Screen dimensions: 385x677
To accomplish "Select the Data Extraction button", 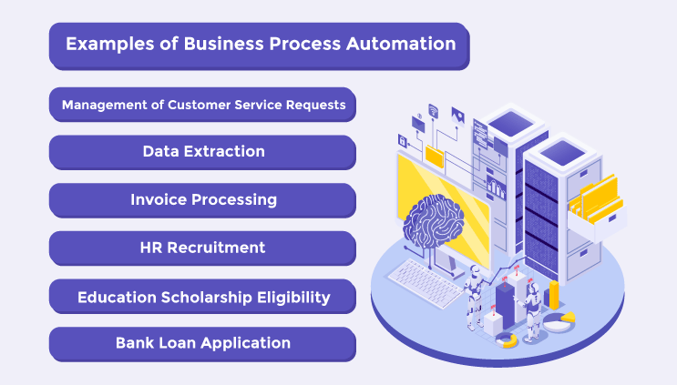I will [x=203, y=151].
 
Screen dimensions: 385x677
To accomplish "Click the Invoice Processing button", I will [x=203, y=199].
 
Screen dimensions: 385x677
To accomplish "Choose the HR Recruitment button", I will [x=203, y=248].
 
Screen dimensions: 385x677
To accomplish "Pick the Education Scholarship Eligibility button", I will [x=203, y=297].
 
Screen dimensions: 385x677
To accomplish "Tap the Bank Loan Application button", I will [x=203, y=343].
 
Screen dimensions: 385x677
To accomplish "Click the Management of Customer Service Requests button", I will [x=203, y=105].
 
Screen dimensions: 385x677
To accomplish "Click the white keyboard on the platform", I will [x=425, y=274].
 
